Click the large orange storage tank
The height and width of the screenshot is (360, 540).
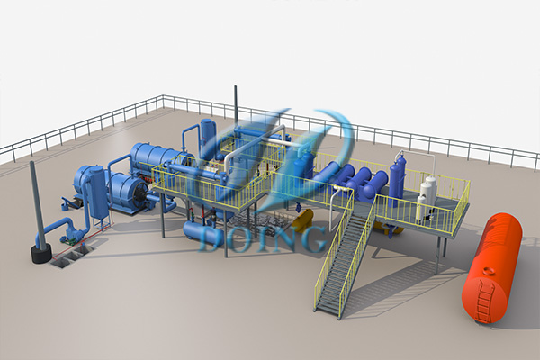point(491,269)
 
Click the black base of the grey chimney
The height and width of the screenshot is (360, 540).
point(42,254)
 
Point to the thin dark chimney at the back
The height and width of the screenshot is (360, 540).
point(236,106)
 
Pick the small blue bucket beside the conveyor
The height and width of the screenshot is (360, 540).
point(63,207)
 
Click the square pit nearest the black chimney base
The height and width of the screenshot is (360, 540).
point(60,263)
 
